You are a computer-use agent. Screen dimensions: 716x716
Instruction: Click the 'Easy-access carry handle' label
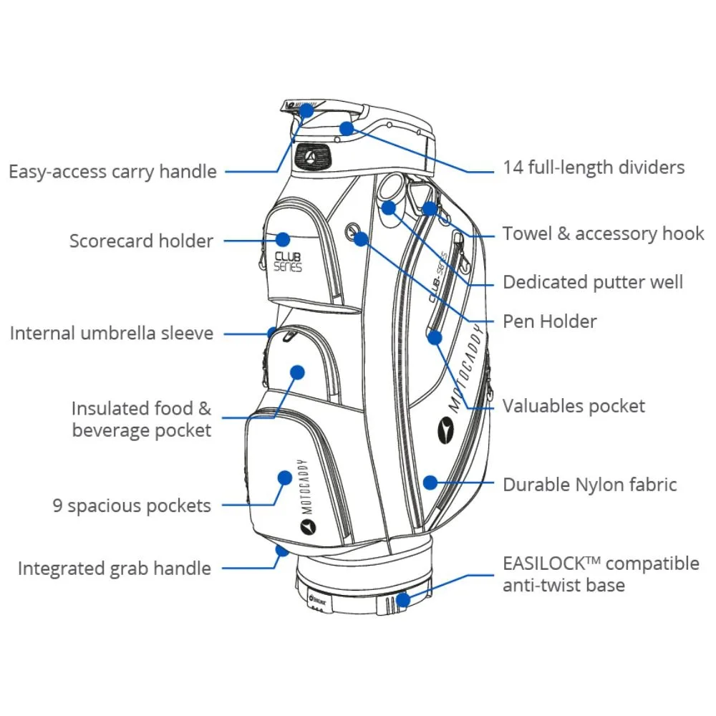click(112, 172)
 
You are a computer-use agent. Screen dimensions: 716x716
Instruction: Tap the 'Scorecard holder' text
click(141, 241)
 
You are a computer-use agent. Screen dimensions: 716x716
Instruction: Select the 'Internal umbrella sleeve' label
click(111, 334)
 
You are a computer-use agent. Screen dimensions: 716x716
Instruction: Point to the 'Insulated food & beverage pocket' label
click(141, 419)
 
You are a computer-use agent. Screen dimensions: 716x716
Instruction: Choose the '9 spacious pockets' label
click(132, 505)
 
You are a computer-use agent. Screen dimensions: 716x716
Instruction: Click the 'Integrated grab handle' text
click(115, 569)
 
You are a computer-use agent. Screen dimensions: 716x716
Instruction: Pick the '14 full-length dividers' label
click(594, 168)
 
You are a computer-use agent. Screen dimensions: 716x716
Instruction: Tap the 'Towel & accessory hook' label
click(603, 234)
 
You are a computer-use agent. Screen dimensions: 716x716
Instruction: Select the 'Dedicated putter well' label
click(593, 282)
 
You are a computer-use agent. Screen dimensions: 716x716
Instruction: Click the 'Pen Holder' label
click(549, 321)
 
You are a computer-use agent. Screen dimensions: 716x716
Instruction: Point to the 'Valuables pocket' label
click(574, 407)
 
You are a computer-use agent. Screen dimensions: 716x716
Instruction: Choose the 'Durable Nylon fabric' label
click(589, 485)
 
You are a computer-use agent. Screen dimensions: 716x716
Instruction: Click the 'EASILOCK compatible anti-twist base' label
click(600, 574)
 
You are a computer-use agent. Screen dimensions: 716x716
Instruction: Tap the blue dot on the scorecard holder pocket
click(283, 239)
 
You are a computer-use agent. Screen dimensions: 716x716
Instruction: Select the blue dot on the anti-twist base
click(404, 599)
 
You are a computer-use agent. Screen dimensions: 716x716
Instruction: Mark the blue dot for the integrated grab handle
click(282, 551)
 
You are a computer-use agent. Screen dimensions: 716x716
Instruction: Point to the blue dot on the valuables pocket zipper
click(435, 337)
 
